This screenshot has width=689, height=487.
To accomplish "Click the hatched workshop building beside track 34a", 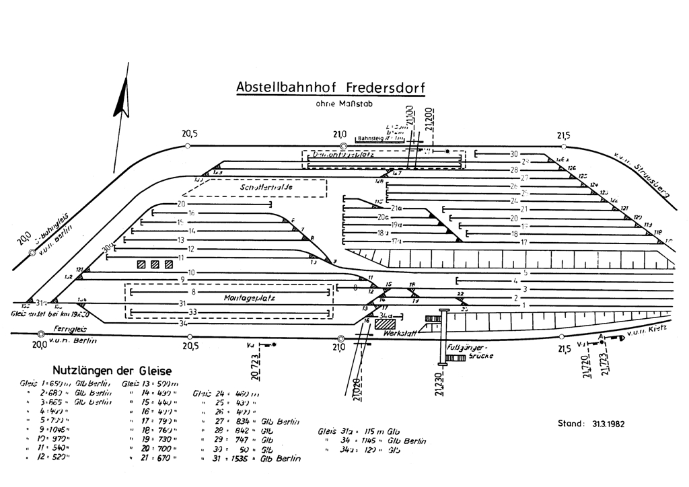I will tap(386, 323).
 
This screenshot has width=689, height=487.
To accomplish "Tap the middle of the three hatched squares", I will tap(155, 265).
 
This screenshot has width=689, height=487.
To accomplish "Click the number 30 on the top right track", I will tap(514, 154).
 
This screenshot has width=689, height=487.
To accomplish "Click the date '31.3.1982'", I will tap(609, 424).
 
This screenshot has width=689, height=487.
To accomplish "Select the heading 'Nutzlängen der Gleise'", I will tap(112, 371).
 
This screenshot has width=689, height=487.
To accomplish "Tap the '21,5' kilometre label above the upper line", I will tap(564, 135).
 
